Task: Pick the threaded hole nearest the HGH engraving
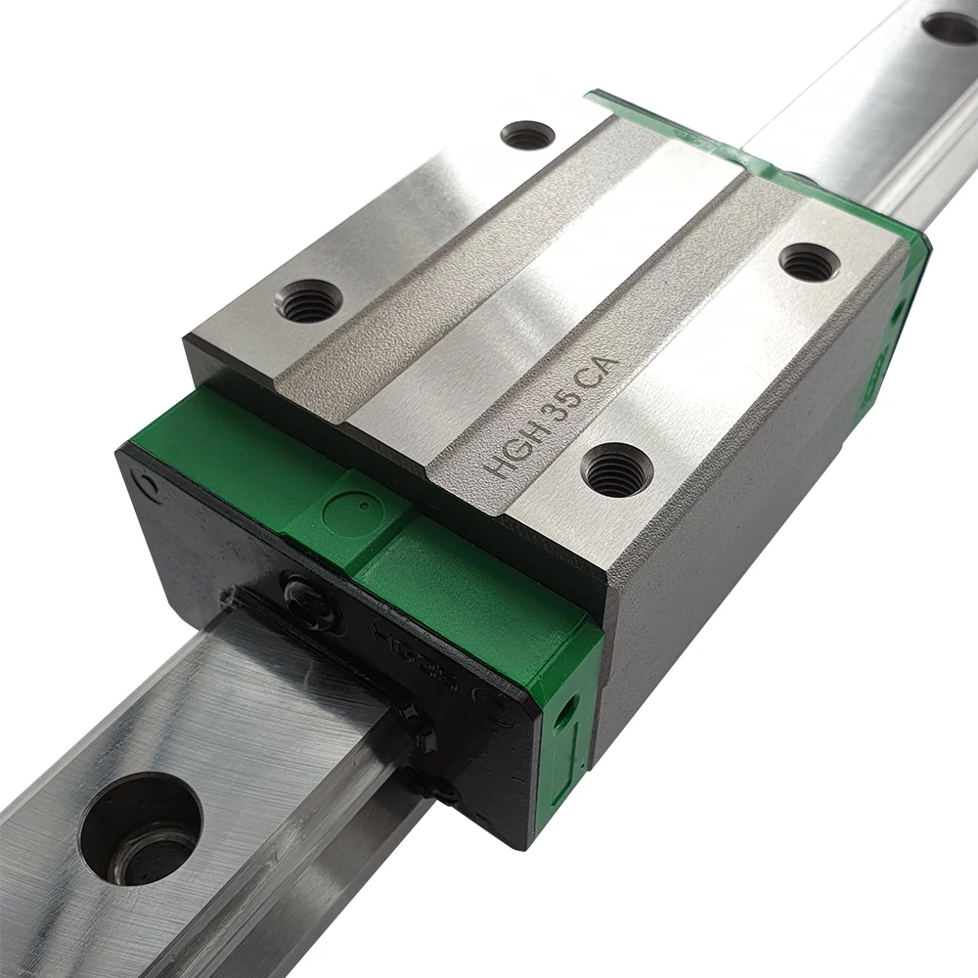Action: tap(617, 468)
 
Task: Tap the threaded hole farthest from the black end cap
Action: tap(527, 134)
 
